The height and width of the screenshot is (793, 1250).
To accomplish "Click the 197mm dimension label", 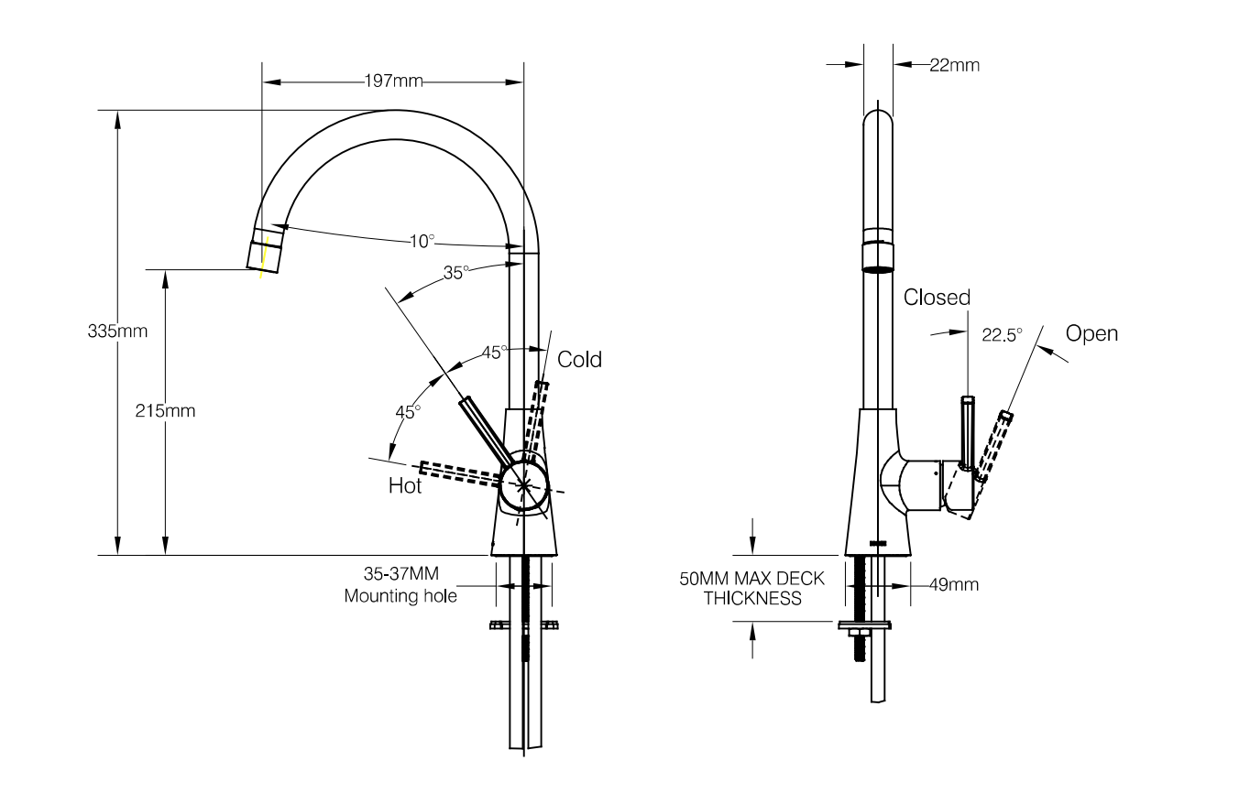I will pos(394,81).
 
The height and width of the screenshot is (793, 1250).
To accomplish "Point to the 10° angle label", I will pos(422,242).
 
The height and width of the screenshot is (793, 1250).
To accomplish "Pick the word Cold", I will pos(579,359).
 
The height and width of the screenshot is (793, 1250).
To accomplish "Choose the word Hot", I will pos(405,486).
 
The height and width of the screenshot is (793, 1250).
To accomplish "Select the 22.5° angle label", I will pos(1002,335).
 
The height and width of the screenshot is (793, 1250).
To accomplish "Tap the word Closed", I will pos(936,298).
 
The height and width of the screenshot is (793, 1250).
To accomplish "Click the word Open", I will pos(1091,333).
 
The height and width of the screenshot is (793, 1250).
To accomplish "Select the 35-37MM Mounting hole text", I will pos(401,585).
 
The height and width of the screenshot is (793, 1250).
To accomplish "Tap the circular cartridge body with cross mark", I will pos(523,486).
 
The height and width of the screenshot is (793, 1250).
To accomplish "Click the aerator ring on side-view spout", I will pos(878,256).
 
